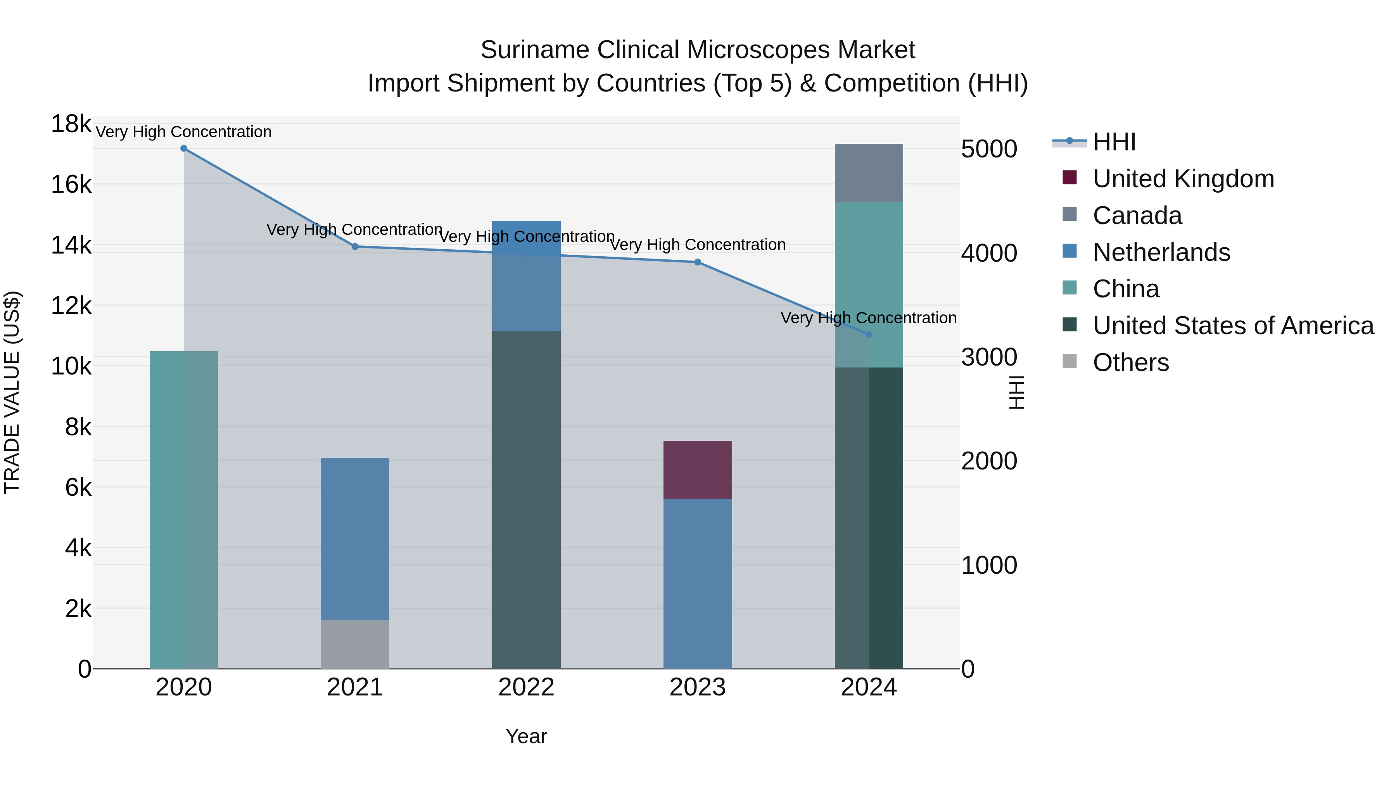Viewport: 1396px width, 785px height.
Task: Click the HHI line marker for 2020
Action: pos(184,148)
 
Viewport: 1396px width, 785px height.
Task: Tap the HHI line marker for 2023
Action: pos(698,262)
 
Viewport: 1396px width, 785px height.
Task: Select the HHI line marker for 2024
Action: pos(869,335)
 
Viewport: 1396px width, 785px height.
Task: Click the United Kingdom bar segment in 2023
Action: pos(698,470)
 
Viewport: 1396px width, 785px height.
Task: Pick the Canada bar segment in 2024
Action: pos(869,173)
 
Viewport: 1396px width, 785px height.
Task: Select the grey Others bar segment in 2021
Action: pos(355,644)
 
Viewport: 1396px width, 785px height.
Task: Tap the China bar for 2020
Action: pos(184,510)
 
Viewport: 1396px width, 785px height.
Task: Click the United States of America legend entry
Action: pos(1233,326)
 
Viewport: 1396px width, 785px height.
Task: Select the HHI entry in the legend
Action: pos(1114,142)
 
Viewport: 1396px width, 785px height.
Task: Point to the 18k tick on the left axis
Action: pos(71,124)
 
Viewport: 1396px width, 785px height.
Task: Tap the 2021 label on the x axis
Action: pos(355,687)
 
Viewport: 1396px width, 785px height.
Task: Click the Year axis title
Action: pos(526,736)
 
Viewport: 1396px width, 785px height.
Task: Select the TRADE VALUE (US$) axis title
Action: pos(12,392)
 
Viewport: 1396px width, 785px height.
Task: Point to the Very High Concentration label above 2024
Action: pos(868,318)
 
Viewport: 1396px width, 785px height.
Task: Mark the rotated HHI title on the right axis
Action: pos(1017,392)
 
